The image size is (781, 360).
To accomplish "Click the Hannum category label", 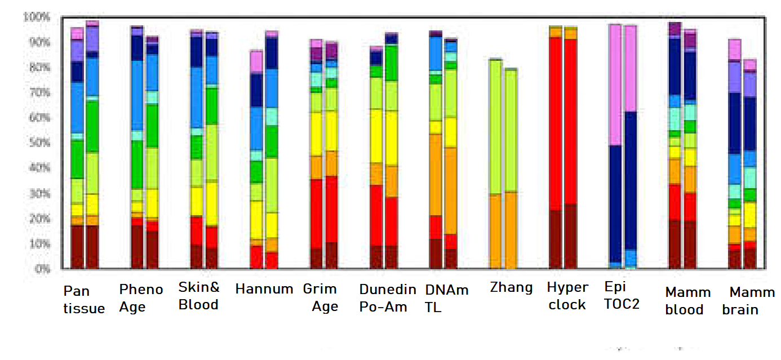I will (264, 290).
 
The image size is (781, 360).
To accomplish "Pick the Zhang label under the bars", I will (511, 288).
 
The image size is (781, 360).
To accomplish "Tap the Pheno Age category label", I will (141, 298).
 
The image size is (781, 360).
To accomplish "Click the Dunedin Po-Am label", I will (388, 298).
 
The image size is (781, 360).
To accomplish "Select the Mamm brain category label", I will (748, 301).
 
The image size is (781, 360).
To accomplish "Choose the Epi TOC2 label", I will (622, 295).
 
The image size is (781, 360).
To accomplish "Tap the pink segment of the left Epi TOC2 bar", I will (615, 85).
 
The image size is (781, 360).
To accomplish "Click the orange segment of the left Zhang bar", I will (496, 231).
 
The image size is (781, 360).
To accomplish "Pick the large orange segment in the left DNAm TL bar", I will (436, 175).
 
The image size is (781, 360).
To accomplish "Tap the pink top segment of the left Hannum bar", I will (256, 61).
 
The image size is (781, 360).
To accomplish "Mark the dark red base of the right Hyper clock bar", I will (571, 237).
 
